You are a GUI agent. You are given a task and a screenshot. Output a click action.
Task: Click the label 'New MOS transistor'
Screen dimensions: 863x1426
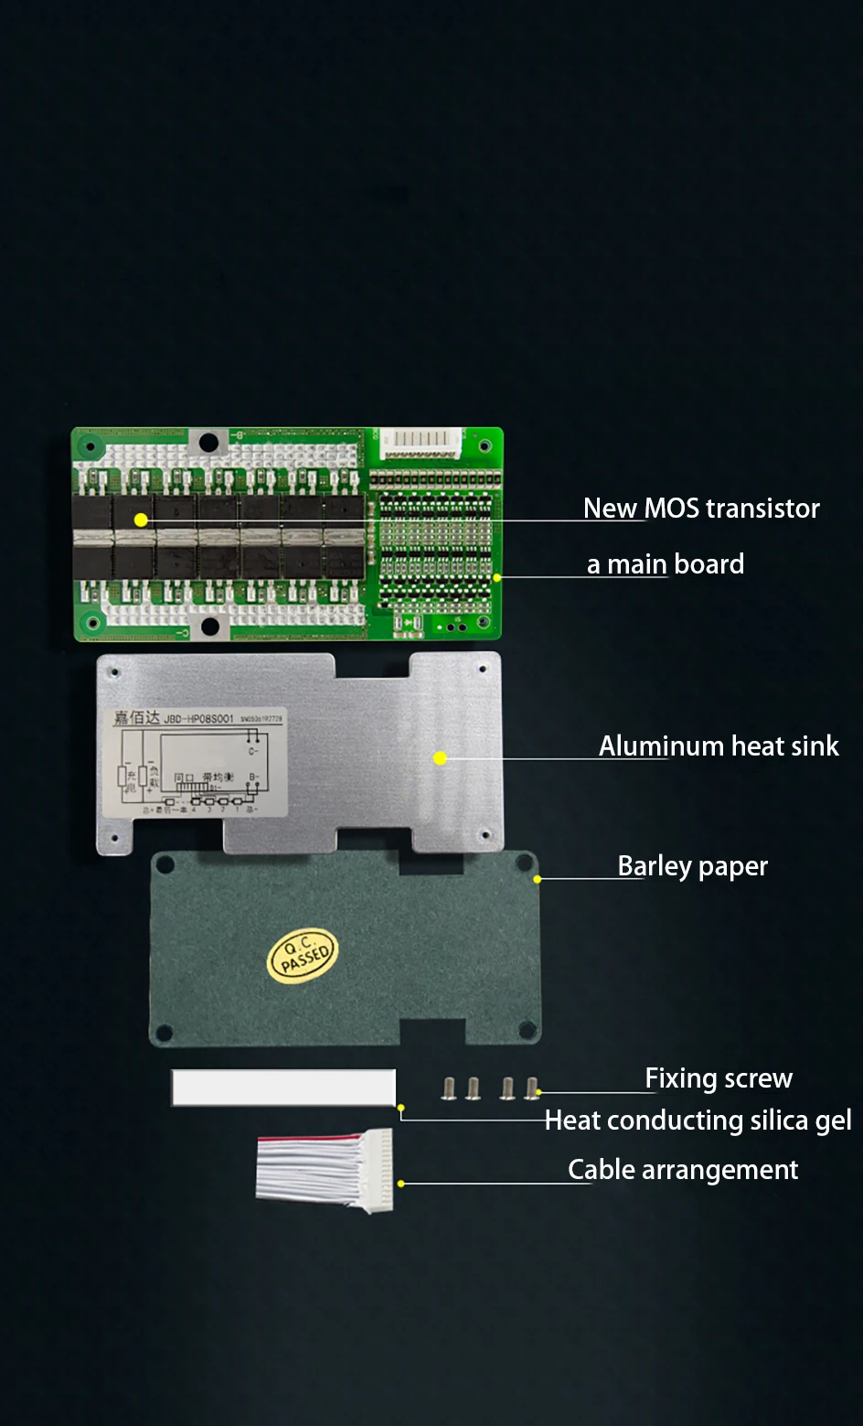coord(701,509)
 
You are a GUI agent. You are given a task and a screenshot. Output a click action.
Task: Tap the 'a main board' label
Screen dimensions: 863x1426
coord(666,564)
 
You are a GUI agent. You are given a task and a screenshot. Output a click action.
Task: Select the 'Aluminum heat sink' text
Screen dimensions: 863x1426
coord(719,746)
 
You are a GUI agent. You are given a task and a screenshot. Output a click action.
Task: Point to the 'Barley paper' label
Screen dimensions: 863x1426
coord(692,866)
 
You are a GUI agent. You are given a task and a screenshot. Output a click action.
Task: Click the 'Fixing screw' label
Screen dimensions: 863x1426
coord(719,1078)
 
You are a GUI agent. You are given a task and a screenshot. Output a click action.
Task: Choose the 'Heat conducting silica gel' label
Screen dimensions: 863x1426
coord(698,1120)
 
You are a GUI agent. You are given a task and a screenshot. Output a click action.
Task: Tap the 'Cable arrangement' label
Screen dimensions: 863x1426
coord(683,1170)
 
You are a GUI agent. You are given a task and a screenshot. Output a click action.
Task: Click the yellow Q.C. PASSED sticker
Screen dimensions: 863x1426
coord(304,955)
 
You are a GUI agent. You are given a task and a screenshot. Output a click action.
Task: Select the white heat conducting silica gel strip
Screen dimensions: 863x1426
coord(283,1088)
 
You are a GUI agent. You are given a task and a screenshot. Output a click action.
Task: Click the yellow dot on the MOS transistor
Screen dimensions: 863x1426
coord(141,520)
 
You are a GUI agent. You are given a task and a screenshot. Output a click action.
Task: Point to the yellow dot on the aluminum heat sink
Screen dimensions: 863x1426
coord(440,758)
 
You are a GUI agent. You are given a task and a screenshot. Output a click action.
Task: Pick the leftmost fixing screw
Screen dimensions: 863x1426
coord(449,1088)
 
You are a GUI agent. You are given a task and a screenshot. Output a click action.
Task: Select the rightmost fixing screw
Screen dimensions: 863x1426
coord(531,1088)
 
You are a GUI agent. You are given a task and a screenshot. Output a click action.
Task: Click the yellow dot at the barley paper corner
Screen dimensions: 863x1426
coord(538,879)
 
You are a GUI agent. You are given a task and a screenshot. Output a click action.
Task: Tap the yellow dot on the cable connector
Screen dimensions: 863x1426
coord(400,1184)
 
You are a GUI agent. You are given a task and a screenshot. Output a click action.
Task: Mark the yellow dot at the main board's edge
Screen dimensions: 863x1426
coord(496,578)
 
